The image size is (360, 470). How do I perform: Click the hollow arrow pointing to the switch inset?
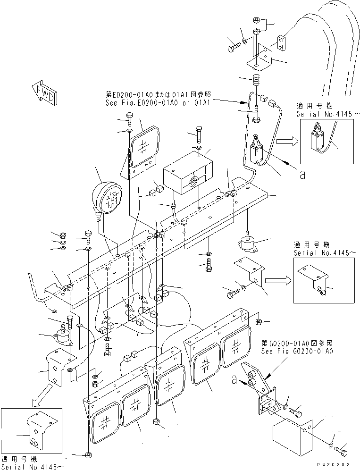286,140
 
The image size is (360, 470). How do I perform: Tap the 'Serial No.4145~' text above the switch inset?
326,114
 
